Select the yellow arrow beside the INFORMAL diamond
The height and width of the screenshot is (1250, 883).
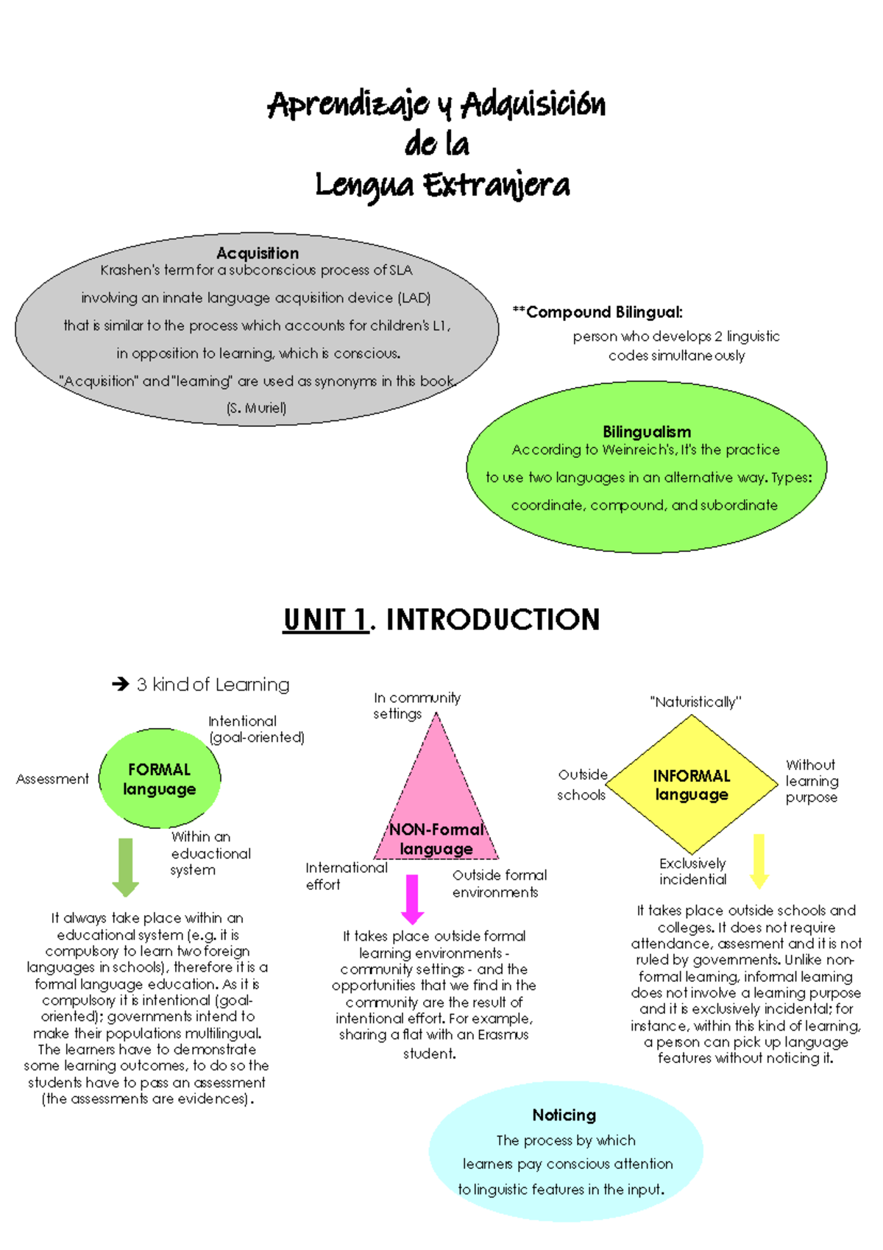click(759, 861)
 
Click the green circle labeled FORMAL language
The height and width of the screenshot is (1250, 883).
click(160, 779)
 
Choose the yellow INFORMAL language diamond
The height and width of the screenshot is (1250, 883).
click(691, 785)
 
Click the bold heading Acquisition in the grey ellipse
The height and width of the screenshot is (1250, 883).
click(258, 253)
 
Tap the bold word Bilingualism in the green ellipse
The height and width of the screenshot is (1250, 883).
click(647, 432)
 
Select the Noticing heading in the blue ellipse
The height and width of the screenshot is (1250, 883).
click(564, 1115)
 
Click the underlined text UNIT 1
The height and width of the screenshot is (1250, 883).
click(326, 620)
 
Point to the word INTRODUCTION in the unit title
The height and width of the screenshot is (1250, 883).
click(493, 620)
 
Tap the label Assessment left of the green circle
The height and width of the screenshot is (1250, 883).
click(52, 779)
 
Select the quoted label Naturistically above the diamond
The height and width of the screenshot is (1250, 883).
click(695, 702)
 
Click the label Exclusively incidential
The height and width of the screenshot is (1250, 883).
click(692, 871)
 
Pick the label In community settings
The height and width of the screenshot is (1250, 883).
click(416, 705)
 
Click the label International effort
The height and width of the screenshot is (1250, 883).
click(346, 876)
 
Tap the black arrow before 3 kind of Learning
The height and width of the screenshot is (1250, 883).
click(121, 685)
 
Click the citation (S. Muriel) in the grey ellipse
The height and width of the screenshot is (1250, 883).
click(257, 408)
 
